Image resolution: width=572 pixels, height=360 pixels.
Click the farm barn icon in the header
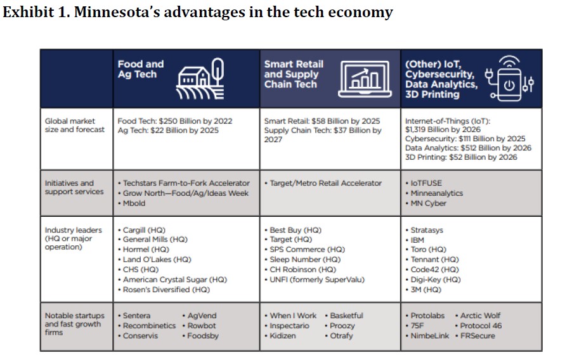coord(200,80)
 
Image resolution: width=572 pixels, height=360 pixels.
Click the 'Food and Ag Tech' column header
coord(140,69)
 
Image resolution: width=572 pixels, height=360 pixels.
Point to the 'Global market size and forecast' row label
coord(70,125)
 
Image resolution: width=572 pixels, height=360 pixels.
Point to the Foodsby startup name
coord(202,336)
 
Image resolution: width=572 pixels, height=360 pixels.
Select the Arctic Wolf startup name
coord(480,316)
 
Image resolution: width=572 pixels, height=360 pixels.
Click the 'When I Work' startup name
coord(293,316)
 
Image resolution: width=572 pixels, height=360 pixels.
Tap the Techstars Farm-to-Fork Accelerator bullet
coord(186,183)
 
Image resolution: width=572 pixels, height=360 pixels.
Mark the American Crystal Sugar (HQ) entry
coord(174,280)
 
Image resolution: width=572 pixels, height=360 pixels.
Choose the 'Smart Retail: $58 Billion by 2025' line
coord(322,121)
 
